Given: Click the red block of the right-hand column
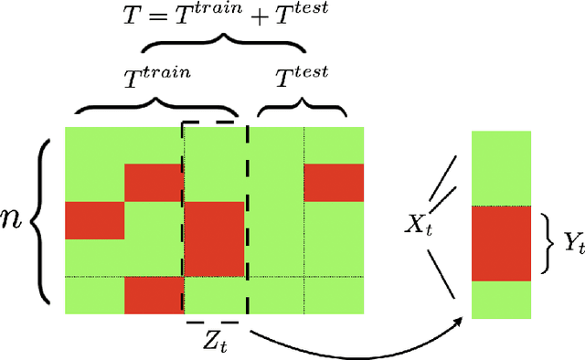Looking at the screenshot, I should (x=501, y=243).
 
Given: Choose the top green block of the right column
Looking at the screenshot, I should (x=501, y=168).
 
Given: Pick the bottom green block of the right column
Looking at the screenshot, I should (x=501, y=299).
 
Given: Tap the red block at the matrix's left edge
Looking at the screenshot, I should (x=94, y=221).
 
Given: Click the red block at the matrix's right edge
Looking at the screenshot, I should (x=334, y=183).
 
